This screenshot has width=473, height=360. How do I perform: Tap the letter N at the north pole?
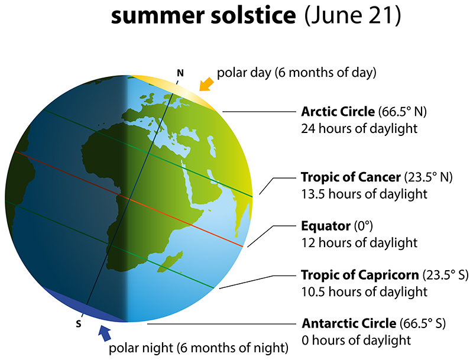(180, 73)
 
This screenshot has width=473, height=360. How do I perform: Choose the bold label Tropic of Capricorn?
(359, 275)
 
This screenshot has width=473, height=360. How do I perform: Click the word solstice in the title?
(250, 17)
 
